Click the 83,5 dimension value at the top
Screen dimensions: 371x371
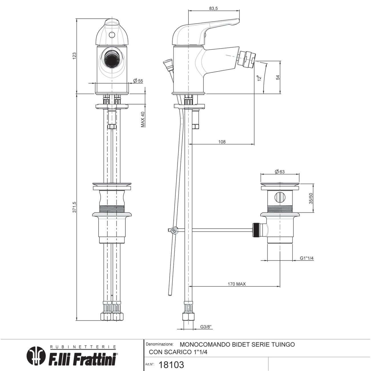coord(213,8)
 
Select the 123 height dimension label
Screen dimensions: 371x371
coord(75,56)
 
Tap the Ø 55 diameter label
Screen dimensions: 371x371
coord(138,81)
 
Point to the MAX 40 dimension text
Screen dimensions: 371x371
coord(143,119)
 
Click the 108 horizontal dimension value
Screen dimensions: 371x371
coord(222,142)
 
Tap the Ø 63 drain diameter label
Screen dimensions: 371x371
coord(280,172)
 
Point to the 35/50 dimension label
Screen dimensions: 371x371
coord(311,198)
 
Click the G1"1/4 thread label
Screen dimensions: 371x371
coord(307,258)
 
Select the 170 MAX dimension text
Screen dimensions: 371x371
coord(237,284)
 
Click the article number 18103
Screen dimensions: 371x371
coord(171,364)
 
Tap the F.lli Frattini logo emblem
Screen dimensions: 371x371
coord(36,355)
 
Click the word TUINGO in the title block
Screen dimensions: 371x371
coord(282,344)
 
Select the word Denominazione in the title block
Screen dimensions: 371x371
coord(159,344)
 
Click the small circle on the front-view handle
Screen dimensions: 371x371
coord(112,35)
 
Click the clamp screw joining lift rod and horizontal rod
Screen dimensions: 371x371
coord(174,230)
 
